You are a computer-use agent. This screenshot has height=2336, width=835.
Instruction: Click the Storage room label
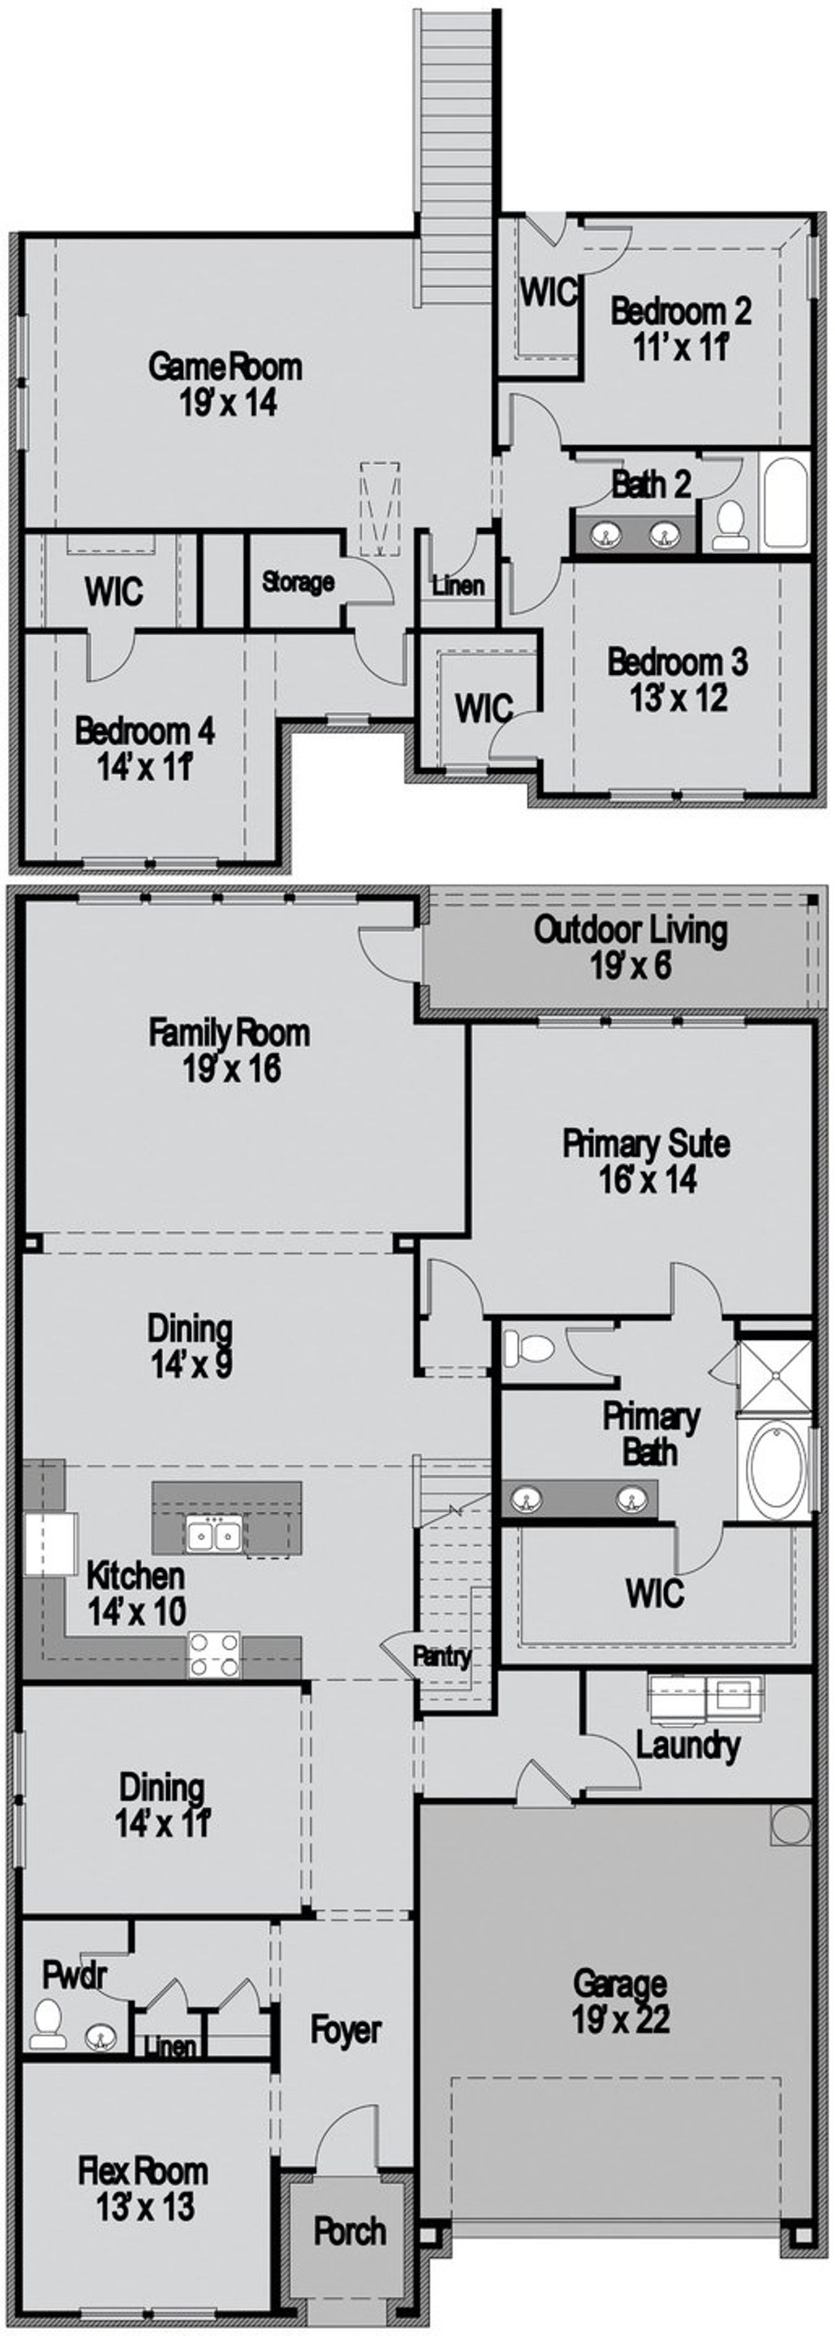pyautogui.click(x=297, y=582)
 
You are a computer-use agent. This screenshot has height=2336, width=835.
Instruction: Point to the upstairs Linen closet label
pyautogui.click(x=458, y=586)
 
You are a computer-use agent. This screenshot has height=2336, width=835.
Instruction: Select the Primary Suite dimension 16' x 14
pyautogui.click(x=647, y=1180)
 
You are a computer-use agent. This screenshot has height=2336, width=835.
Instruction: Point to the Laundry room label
pyautogui.click(x=687, y=1745)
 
